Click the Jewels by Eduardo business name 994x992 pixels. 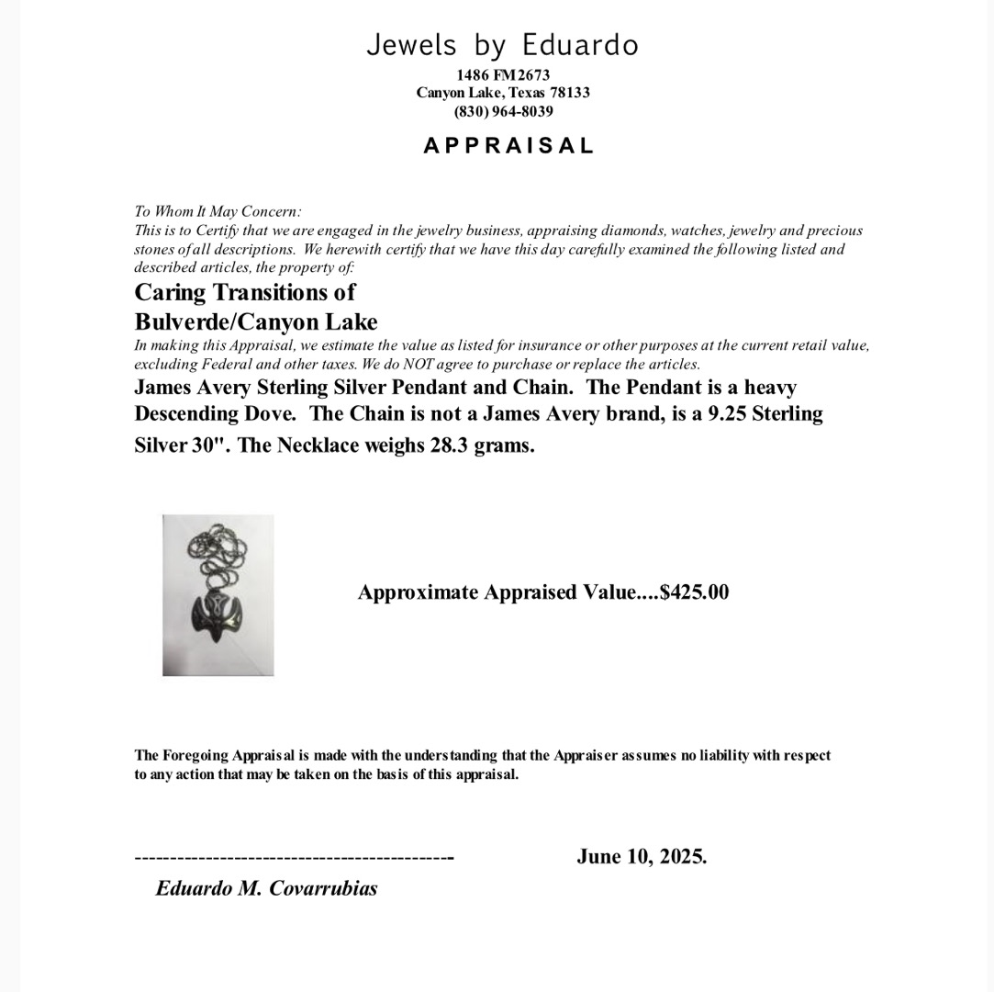[x=502, y=45]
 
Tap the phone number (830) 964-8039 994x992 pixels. [x=503, y=111]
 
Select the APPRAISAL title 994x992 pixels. [x=508, y=145]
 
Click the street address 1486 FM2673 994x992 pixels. [x=503, y=74]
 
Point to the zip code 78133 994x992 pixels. [x=569, y=93]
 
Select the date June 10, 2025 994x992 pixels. [x=642, y=857]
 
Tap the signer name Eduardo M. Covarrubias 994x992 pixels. [x=266, y=888]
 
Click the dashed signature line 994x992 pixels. [x=294, y=858]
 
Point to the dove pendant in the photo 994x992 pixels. [x=218, y=614]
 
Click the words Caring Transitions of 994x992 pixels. [x=244, y=292]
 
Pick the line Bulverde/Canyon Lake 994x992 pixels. [x=256, y=321]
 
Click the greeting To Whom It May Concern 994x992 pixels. [x=218, y=211]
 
